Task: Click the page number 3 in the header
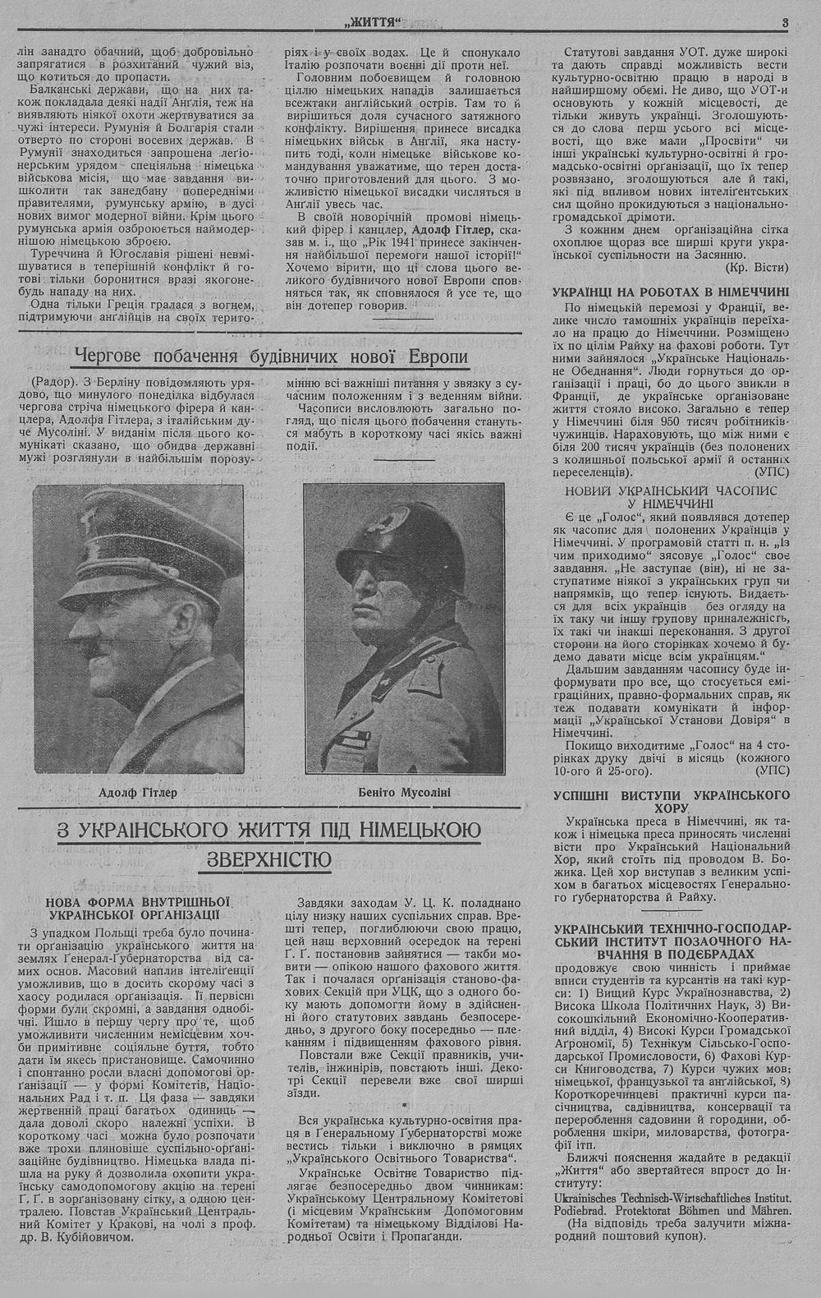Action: [x=784, y=24]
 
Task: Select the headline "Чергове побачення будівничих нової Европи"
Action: [x=271, y=357]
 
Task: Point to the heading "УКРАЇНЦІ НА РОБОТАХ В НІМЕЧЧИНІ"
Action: [x=671, y=292]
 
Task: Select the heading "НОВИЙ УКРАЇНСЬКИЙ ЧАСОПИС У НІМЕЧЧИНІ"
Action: [x=671, y=496]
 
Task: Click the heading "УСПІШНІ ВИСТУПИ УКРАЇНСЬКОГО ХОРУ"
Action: [x=671, y=802]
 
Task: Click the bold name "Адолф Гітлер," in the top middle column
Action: [x=451, y=229]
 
